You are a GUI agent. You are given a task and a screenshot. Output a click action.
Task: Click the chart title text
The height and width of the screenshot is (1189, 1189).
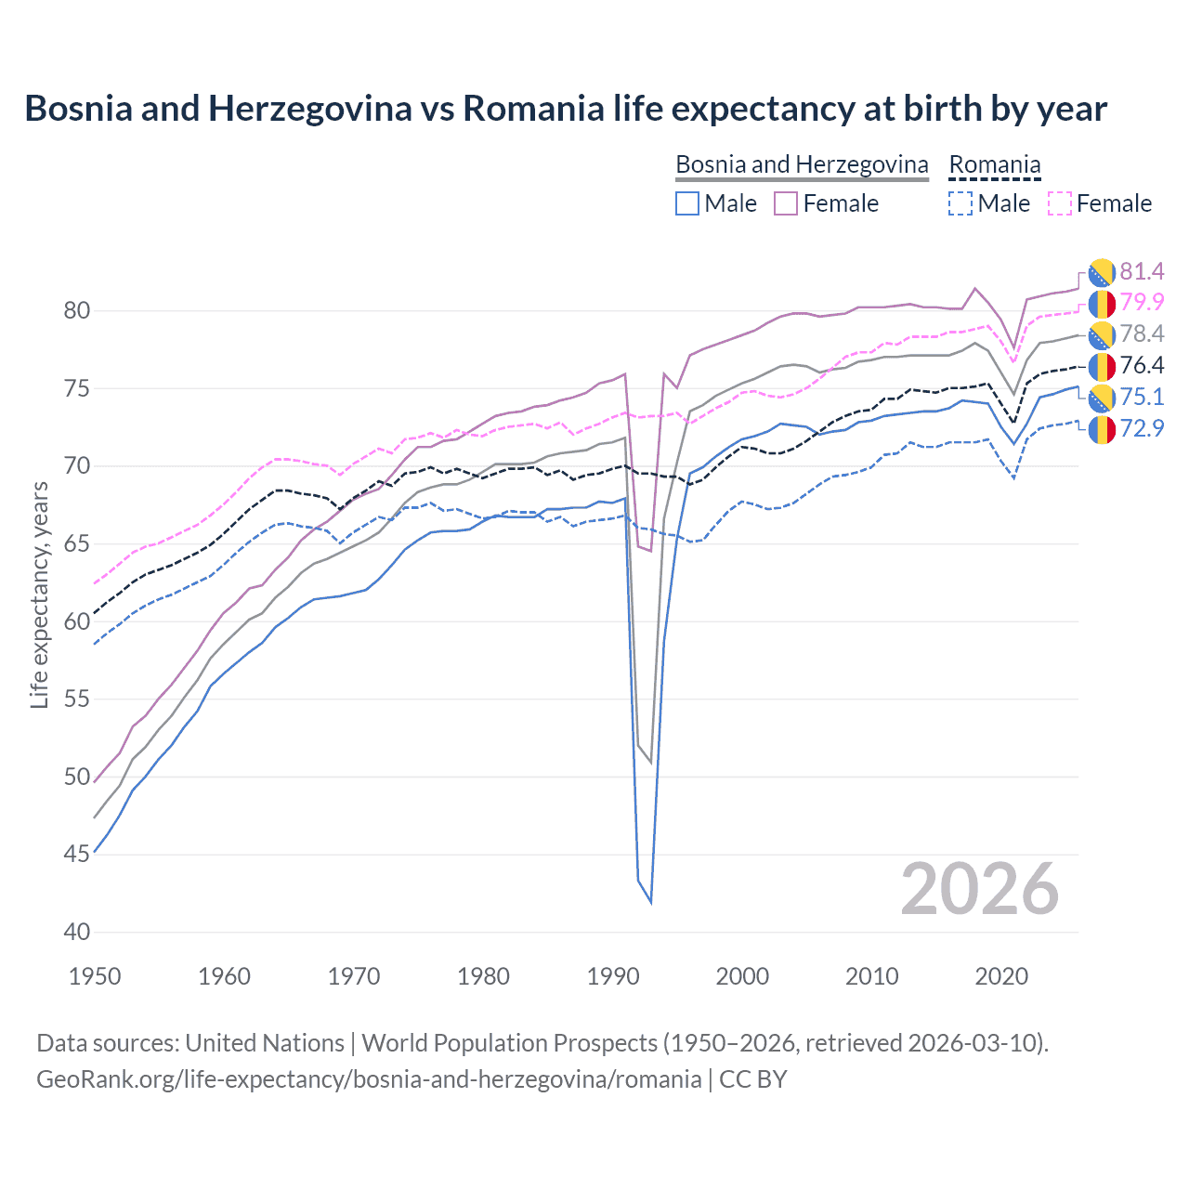tap(565, 109)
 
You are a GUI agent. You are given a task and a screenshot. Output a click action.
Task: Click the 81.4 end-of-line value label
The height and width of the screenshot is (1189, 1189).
tap(1142, 271)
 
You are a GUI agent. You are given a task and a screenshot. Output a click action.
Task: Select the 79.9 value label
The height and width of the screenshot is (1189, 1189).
tap(1142, 302)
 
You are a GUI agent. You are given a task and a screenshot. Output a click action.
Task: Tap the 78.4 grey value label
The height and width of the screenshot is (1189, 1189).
tap(1142, 333)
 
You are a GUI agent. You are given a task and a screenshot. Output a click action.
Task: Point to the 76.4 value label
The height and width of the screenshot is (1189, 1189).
tap(1142, 365)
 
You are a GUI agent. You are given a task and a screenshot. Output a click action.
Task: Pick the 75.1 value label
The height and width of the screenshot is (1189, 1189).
tap(1142, 397)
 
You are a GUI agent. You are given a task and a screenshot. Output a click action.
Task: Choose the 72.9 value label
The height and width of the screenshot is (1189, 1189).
tap(1142, 428)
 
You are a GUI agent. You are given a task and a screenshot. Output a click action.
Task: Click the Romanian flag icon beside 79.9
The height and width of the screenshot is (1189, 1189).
tap(1102, 303)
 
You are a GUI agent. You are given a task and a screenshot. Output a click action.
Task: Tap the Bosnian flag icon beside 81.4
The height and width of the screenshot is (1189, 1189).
tap(1102, 271)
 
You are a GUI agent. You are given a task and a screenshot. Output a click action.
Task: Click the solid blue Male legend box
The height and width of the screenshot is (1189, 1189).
tap(687, 203)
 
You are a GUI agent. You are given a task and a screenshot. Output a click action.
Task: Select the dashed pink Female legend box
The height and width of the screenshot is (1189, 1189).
tap(1060, 203)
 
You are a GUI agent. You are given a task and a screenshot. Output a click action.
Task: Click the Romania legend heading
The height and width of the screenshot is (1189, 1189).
tap(994, 164)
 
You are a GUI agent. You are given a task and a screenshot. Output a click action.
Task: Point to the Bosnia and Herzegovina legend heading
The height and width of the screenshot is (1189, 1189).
tap(802, 164)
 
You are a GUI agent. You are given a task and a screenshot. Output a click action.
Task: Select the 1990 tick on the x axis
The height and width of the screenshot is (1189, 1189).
tap(613, 976)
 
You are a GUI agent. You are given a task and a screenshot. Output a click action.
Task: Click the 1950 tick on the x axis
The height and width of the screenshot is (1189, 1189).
tap(95, 976)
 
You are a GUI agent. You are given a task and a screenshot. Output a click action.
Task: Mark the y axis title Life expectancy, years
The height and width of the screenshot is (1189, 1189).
tap(39, 594)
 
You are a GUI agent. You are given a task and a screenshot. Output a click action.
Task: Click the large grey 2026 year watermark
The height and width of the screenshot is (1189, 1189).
tap(980, 889)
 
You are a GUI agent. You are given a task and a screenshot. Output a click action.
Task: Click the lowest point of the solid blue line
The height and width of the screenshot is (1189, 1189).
tap(650, 902)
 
